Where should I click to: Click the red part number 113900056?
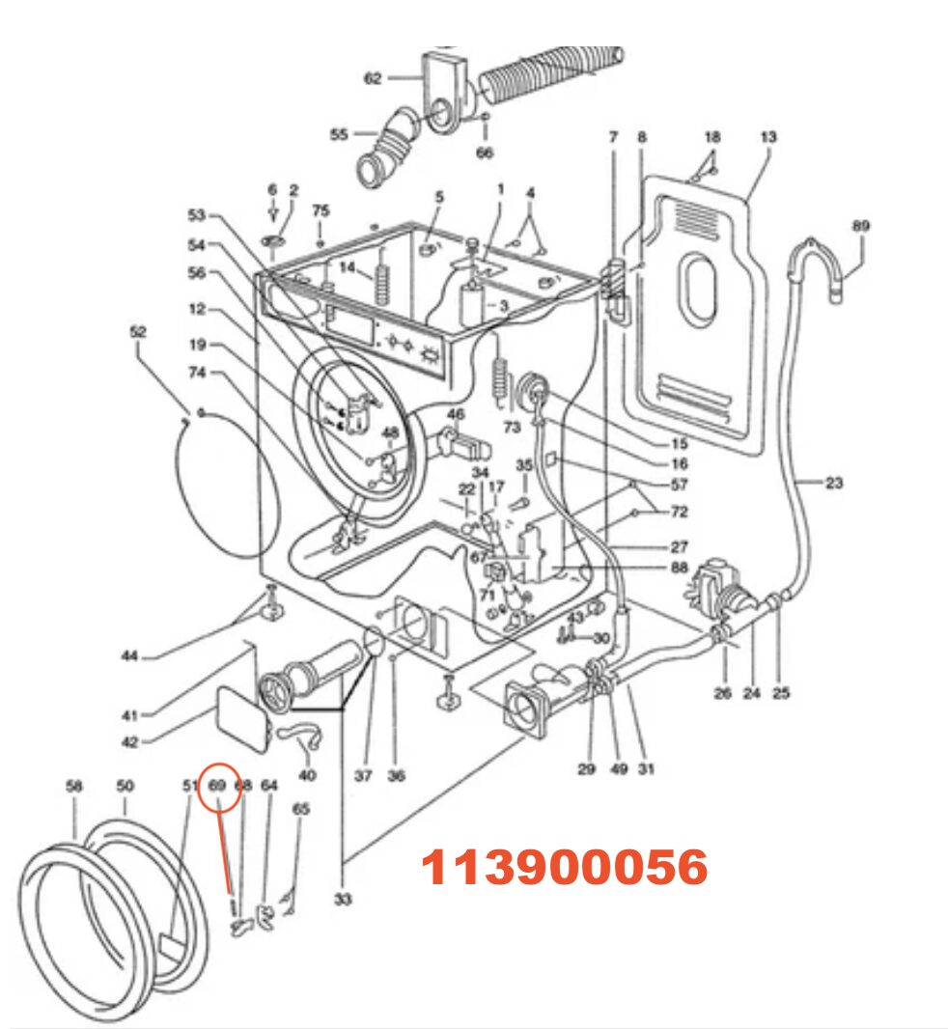click(565, 868)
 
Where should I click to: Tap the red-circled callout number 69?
click(217, 786)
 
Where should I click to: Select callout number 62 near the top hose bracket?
click(374, 78)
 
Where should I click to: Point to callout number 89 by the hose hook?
click(860, 226)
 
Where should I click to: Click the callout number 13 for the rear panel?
click(767, 137)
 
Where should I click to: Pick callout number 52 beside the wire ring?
click(137, 331)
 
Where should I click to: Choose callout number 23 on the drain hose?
click(834, 484)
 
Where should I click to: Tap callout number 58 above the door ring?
click(74, 786)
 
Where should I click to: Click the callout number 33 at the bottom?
click(343, 900)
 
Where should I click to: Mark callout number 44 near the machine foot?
click(129, 656)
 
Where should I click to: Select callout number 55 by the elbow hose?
click(339, 134)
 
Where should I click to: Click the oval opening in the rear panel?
click(700, 289)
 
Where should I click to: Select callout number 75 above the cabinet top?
click(321, 210)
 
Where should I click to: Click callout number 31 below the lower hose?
click(647, 769)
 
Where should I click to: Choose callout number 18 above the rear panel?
click(712, 137)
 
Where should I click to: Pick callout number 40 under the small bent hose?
click(306, 775)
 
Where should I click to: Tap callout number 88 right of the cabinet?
click(679, 569)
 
